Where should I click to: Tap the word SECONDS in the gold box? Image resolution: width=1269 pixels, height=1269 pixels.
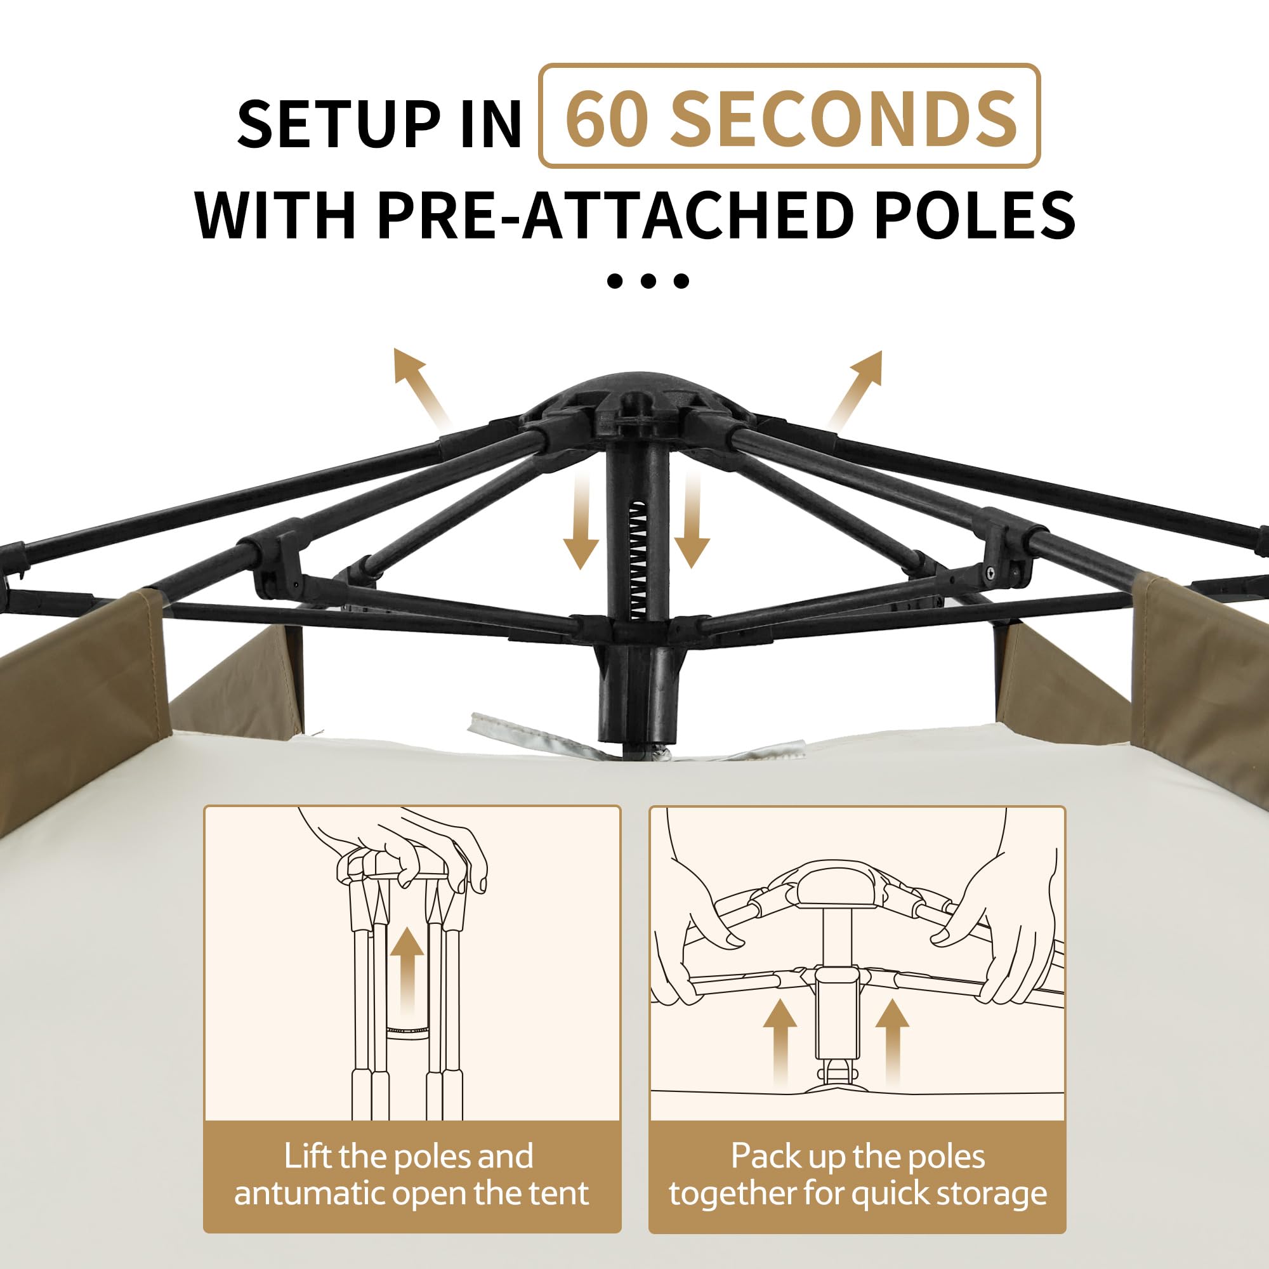843,119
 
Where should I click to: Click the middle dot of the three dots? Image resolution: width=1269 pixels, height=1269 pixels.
648,281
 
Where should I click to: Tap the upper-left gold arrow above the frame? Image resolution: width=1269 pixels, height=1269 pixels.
421,388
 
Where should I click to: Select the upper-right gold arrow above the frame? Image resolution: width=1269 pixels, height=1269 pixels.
856,390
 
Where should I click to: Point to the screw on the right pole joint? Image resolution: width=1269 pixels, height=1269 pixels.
990,574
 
